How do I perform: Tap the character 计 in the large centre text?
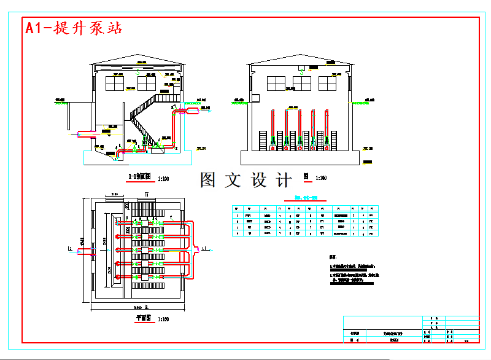click(284, 180)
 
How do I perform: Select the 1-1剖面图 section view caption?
click(139, 177)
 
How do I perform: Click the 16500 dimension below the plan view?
click(136, 307)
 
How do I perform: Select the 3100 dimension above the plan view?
click(115, 195)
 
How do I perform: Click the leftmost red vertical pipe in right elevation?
click(272, 127)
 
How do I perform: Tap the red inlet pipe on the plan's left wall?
click(87, 249)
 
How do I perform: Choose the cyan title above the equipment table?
click(305, 198)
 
